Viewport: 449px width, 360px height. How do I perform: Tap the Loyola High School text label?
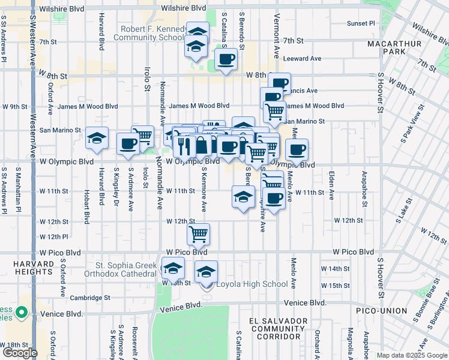tap(252, 284)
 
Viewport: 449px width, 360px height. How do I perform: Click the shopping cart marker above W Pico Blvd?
tap(198, 234)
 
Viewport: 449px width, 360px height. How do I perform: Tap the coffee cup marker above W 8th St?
tap(226, 59)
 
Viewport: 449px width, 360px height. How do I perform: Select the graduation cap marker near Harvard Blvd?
tap(97, 139)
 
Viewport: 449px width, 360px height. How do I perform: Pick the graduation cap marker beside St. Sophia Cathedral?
tap(173, 268)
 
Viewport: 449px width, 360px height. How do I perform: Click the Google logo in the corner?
tap(19, 352)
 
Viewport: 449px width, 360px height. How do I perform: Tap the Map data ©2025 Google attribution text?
tap(412, 355)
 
